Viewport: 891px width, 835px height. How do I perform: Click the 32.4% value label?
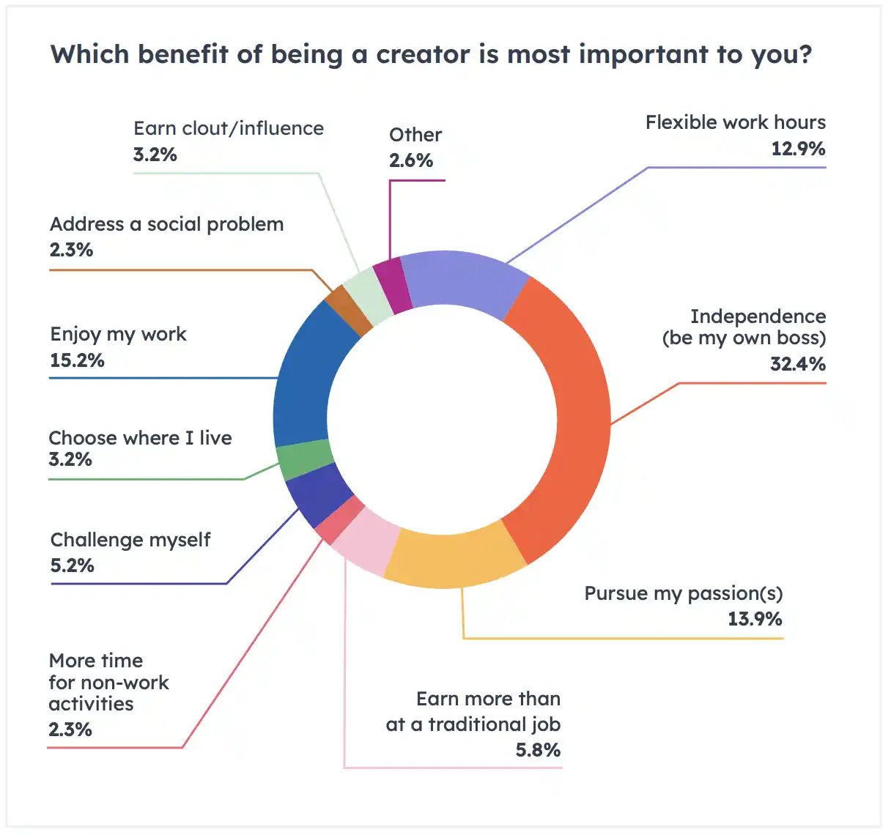coord(797,364)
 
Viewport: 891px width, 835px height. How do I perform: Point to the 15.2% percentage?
coord(77,360)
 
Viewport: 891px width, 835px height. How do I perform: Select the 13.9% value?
coord(755,620)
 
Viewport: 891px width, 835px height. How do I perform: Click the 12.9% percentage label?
coord(797,149)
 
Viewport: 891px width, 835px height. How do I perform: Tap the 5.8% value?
coord(538,750)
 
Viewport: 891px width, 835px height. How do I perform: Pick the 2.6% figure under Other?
coord(411,161)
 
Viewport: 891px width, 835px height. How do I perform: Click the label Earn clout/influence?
coord(228,129)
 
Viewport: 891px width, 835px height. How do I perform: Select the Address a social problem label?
coord(166,224)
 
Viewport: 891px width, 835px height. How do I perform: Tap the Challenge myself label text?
coord(130,541)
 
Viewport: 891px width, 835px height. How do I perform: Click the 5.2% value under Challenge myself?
coord(72,566)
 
